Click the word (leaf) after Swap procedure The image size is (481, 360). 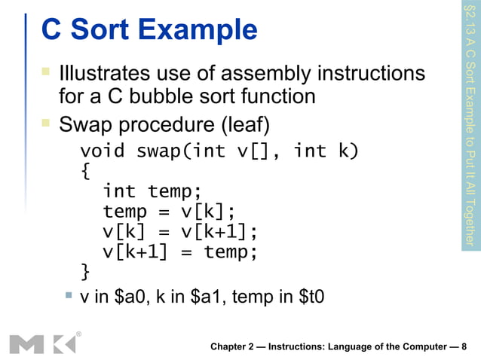tap(240, 122)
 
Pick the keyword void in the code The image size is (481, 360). tap(103, 151)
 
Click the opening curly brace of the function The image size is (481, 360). tap(85, 171)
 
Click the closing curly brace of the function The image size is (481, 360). tap(85, 270)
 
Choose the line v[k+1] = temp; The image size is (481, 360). tap(181, 250)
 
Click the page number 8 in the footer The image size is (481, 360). tap(464, 346)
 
